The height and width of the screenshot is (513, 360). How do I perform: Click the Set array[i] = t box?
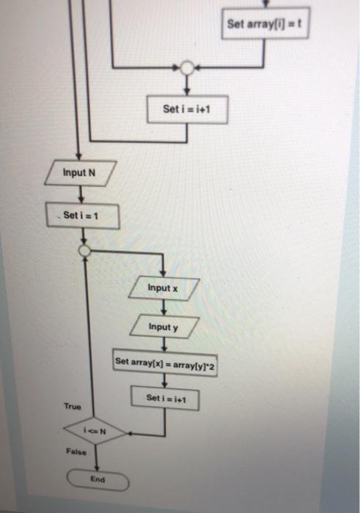[x=264, y=24]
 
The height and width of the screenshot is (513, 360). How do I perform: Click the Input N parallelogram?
[x=80, y=174]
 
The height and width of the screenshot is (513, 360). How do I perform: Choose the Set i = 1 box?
[x=82, y=216]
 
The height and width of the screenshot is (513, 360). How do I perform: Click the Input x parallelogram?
[x=163, y=289]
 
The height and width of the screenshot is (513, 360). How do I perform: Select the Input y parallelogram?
[x=163, y=327]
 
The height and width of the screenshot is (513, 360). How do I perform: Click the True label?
[x=73, y=406]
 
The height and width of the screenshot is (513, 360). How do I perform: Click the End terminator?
[x=98, y=481]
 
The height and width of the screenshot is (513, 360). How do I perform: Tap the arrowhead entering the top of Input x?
[x=162, y=273]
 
